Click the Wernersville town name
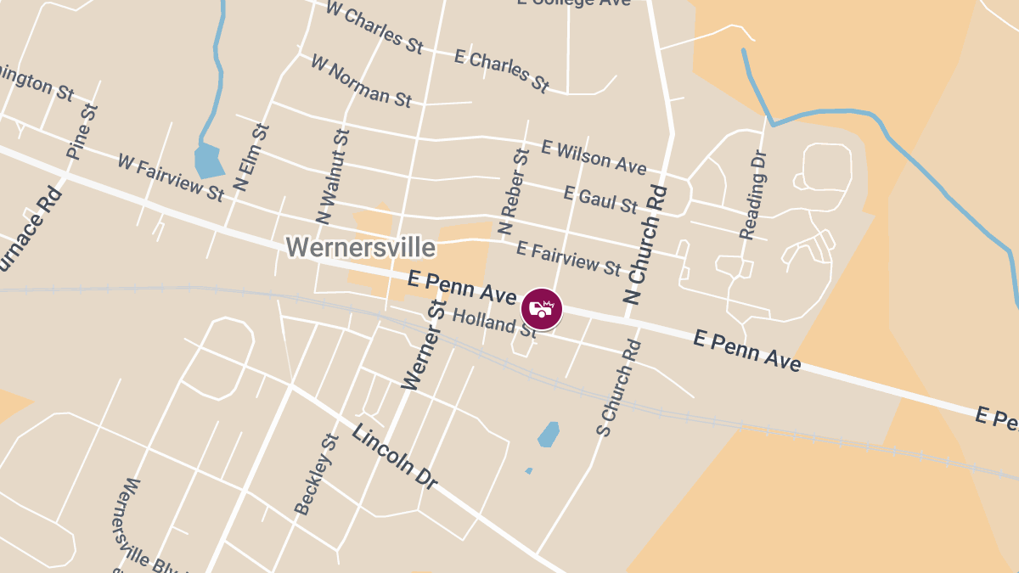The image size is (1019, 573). pyautogui.click(x=360, y=248)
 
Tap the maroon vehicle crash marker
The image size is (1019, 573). pyautogui.click(x=542, y=309)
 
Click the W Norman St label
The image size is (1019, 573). pyautogui.click(x=361, y=81)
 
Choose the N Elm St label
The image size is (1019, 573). pyautogui.click(x=251, y=157)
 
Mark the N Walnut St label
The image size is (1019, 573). pyautogui.click(x=332, y=176)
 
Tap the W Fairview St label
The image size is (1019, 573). pyautogui.click(x=171, y=177)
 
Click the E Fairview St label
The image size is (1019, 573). pyautogui.click(x=569, y=258)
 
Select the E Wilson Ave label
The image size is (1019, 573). pyautogui.click(x=594, y=157)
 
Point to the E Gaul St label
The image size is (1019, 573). pyautogui.click(x=600, y=200)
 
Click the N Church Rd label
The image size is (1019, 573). pyautogui.click(x=646, y=244)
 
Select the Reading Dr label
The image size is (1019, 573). pyautogui.click(x=753, y=195)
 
